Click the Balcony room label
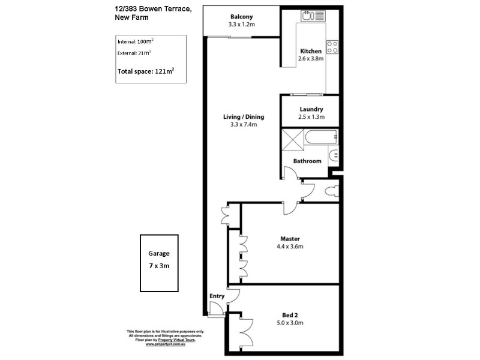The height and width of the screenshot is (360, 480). [242, 17]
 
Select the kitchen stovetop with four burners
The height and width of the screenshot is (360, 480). [332, 46]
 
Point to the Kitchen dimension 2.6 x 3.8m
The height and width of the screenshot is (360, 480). [311, 59]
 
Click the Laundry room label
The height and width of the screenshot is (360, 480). [311, 109]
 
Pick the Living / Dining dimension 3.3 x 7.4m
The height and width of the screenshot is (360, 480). [243, 125]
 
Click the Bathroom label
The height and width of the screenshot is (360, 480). [307, 161]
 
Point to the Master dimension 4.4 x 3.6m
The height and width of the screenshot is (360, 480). [290, 247]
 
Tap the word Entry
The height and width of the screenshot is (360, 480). [216, 296]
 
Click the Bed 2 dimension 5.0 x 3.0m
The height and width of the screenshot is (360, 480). [290, 323]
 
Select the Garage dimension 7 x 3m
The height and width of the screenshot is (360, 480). [160, 265]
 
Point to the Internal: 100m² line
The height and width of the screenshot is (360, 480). [136, 41]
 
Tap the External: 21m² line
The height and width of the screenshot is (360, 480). [135, 53]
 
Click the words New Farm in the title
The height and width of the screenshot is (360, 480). [132, 17]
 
